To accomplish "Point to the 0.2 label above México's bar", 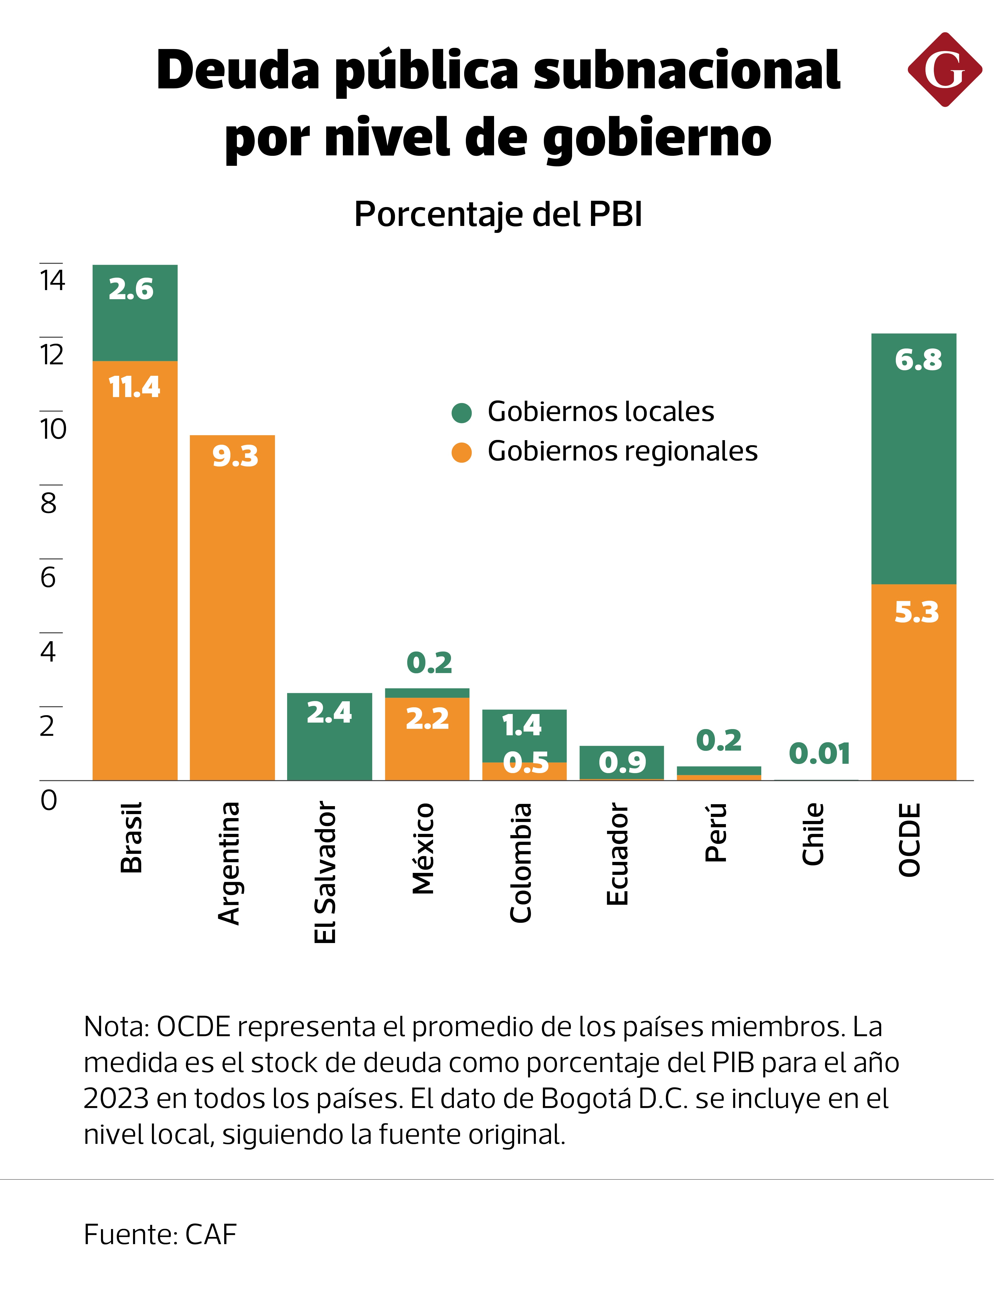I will click(429, 663).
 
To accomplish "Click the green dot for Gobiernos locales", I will click(461, 413).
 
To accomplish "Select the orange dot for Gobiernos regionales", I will click(461, 453).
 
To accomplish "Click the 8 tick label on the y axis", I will click(49, 503).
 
